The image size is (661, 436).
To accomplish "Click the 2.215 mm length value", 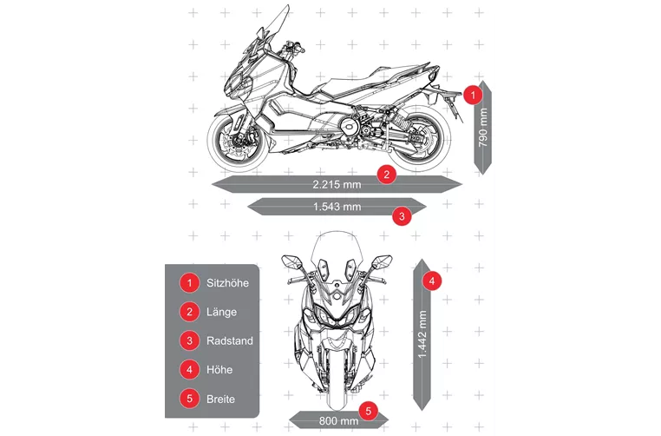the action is click(x=337, y=184).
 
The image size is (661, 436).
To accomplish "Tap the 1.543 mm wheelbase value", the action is click(x=337, y=207).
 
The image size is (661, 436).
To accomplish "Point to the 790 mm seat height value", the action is click(x=483, y=128).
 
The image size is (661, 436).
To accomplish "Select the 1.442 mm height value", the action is click(x=422, y=334).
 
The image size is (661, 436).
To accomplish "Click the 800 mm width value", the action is click(x=338, y=421).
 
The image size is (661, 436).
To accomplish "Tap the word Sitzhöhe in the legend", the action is click(x=227, y=283).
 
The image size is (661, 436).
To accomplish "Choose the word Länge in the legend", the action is click(x=221, y=313).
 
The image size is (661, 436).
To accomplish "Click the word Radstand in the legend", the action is click(x=230, y=341).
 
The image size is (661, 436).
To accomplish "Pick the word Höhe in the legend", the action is click(x=219, y=370).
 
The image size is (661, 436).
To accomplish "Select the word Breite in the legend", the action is click(x=220, y=399).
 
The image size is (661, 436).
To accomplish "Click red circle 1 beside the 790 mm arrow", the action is click(x=473, y=95).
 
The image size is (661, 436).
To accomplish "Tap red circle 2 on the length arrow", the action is click(x=387, y=174).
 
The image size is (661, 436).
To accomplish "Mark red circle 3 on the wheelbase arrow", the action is click(x=402, y=216).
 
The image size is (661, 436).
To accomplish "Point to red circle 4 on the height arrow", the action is click(x=432, y=281).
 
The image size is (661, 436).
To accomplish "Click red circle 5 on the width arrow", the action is click(x=369, y=411).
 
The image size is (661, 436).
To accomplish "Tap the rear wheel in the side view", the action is click(x=419, y=139).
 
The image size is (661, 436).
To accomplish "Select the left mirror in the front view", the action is click(x=291, y=261).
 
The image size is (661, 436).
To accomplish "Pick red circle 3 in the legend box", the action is click(x=189, y=341).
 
